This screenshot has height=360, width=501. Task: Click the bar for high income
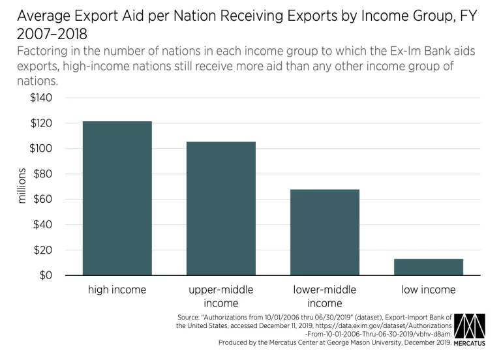pos(117,198)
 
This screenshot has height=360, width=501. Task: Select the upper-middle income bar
pos(220,209)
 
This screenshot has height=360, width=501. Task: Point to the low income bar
pos(428,267)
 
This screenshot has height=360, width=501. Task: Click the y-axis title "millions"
pos(22,187)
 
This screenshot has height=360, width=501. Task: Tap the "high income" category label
pos(117,290)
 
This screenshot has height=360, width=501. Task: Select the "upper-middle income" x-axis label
pos(220,296)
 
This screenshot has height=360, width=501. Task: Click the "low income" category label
pos(428,290)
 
